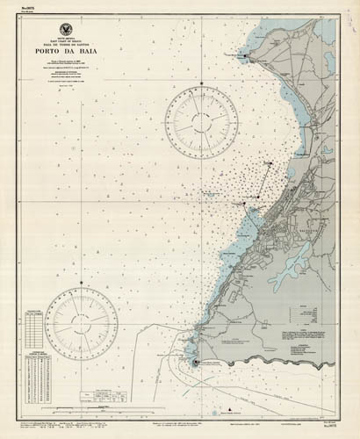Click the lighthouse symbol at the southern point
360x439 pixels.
click(195, 362)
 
